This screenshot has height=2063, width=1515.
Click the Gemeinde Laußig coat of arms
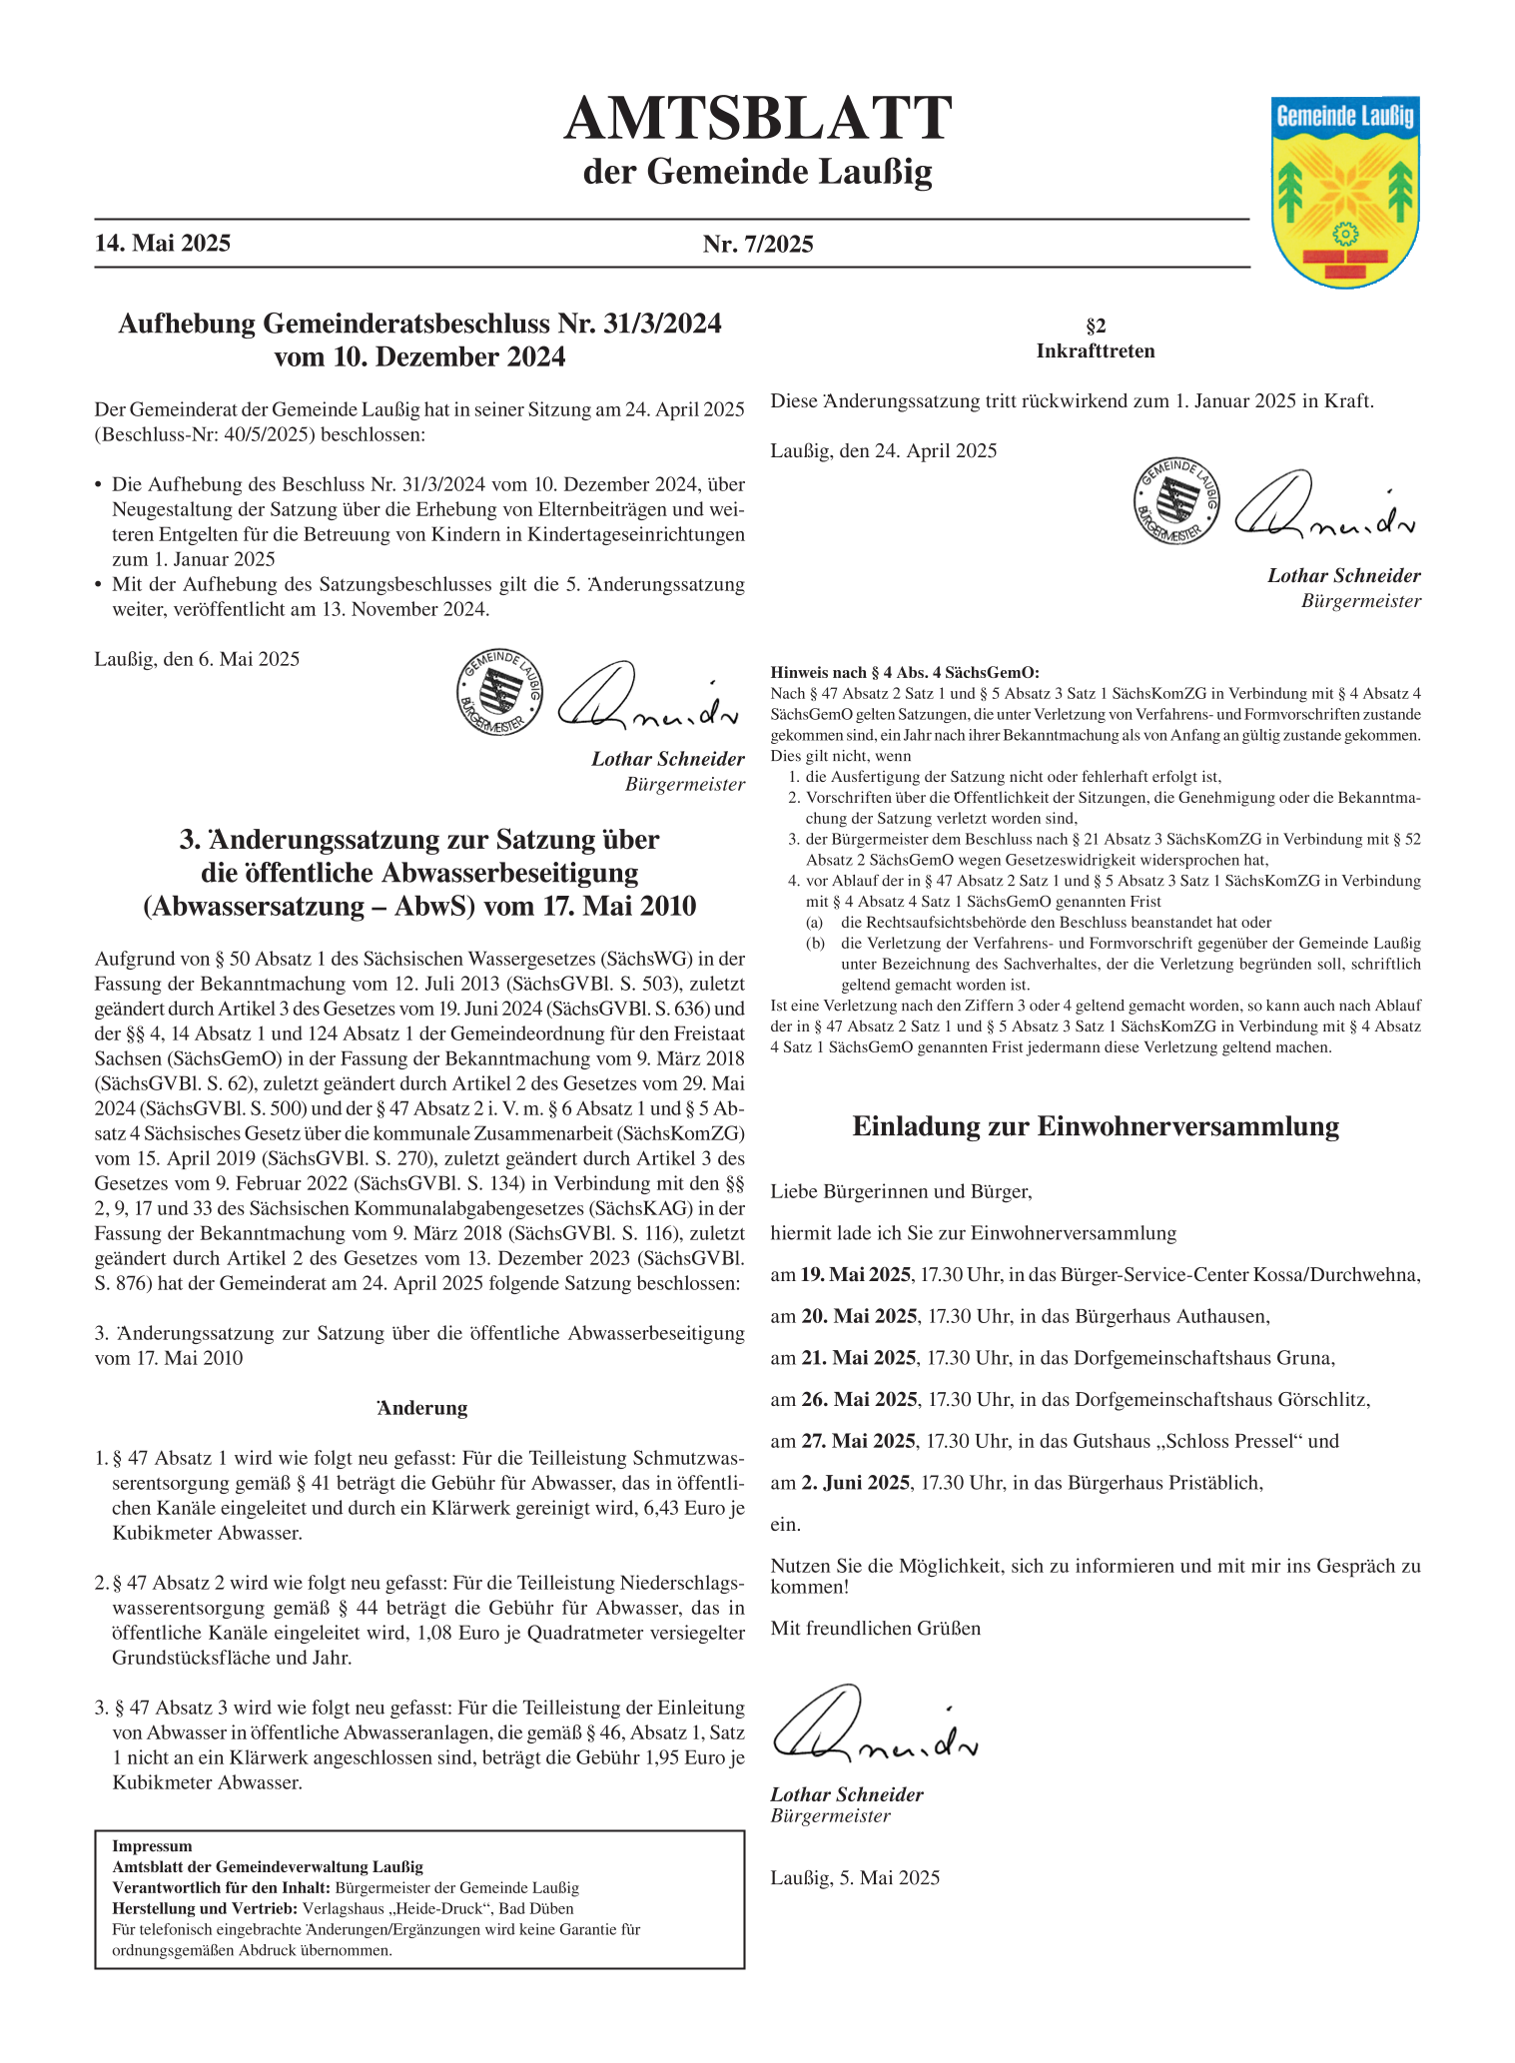1345,191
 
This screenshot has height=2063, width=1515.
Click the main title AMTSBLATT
757,119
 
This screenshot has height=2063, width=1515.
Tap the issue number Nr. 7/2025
758,244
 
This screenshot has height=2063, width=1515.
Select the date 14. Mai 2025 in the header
163,244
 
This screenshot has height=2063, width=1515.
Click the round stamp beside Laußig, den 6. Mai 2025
499,691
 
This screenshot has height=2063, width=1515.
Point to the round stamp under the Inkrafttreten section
1176,500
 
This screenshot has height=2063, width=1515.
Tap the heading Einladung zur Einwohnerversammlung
1096,1126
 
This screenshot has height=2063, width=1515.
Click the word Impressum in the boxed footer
152,1846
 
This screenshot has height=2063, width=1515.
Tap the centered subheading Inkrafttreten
1096,351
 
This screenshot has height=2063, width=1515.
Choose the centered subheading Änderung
422,1408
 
